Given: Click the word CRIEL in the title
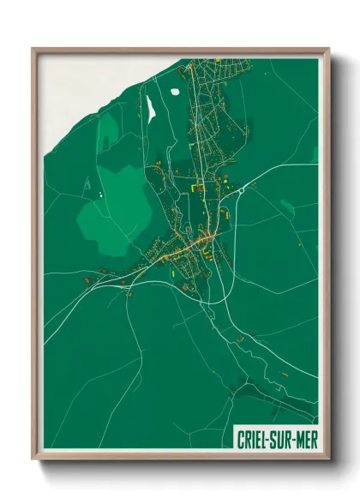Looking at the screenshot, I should click(251, 438).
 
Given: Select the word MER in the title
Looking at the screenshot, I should click(304, 438).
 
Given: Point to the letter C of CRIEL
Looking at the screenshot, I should click(239, 438).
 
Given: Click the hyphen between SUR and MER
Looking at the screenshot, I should click(293, 438).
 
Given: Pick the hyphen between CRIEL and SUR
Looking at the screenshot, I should click(267, 438).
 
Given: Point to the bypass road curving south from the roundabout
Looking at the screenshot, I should click(230, 257).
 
